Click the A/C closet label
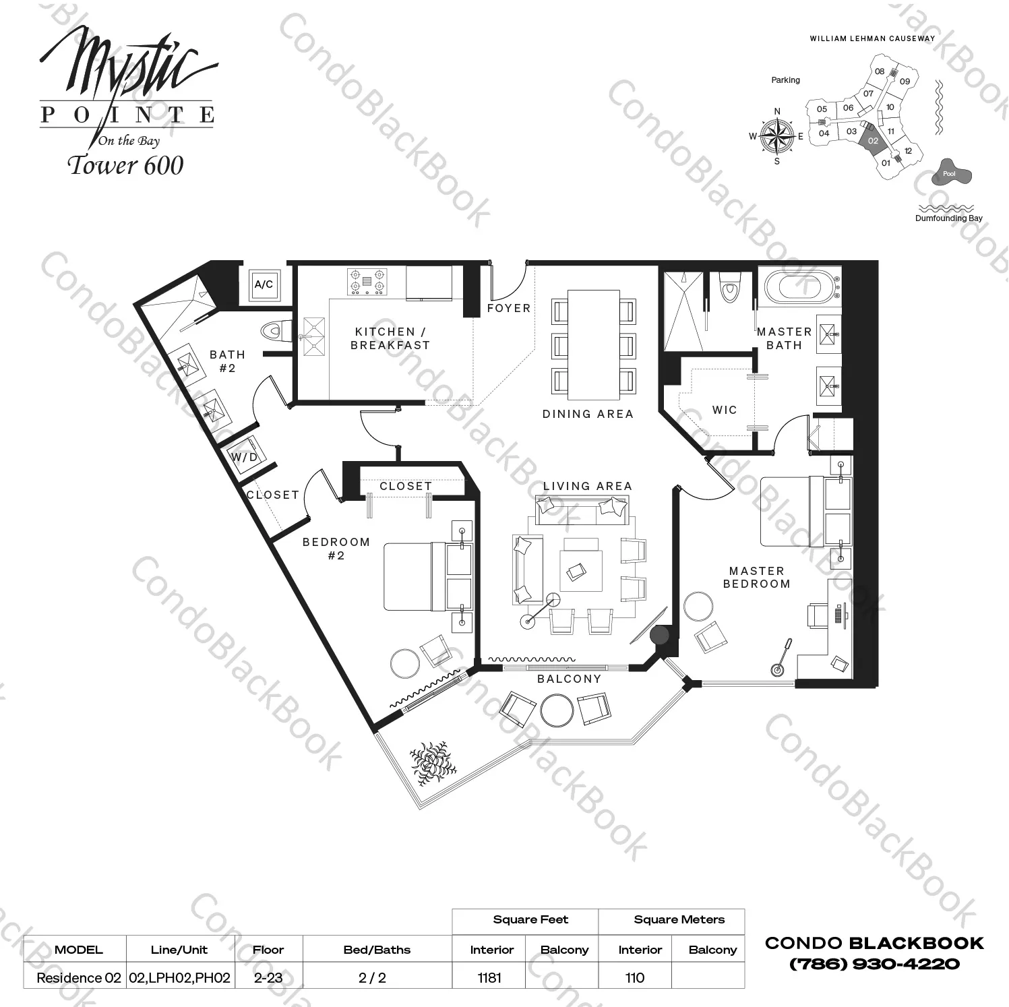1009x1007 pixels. click(x=264, y=284)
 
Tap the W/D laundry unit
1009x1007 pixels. click(x=244, y=456)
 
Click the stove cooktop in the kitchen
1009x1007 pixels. click(x=366, y=282)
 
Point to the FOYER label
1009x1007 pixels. click(x=509, y=308)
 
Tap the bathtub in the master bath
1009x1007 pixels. click(x=799, y=287)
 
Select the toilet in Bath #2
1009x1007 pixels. click(x=273, y=331)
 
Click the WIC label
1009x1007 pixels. click(x=725, y=410)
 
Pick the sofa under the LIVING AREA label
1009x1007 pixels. click(x=582, y=510)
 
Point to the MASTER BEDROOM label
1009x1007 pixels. click(x=756, y=578)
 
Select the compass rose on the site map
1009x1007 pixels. click(x=776, y=136)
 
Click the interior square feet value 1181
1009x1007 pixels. click(x=489, y=977)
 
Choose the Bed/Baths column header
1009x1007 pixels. click(x=377, y=950)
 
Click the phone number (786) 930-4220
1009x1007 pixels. click(x=874, y=964)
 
